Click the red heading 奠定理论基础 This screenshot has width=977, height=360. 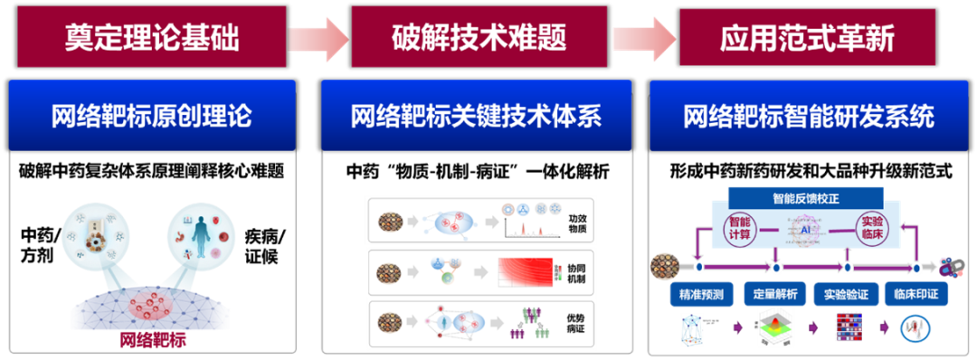click(x=151, y=36)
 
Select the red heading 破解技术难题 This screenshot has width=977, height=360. click(x=479, y=36)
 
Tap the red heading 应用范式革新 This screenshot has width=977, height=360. click(x=807, y=36)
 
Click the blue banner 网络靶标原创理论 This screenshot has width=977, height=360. click(x=151, y=117)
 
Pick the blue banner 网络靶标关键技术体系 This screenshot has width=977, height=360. click(x=476, y=117)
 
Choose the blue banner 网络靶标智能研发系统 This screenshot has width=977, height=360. click(x=808, y=117)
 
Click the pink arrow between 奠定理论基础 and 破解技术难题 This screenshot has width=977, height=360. click(x=318, y=37)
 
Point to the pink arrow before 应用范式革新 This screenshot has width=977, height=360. click(x=644, y=37)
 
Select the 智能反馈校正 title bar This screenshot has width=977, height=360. click(x=792, y=195)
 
